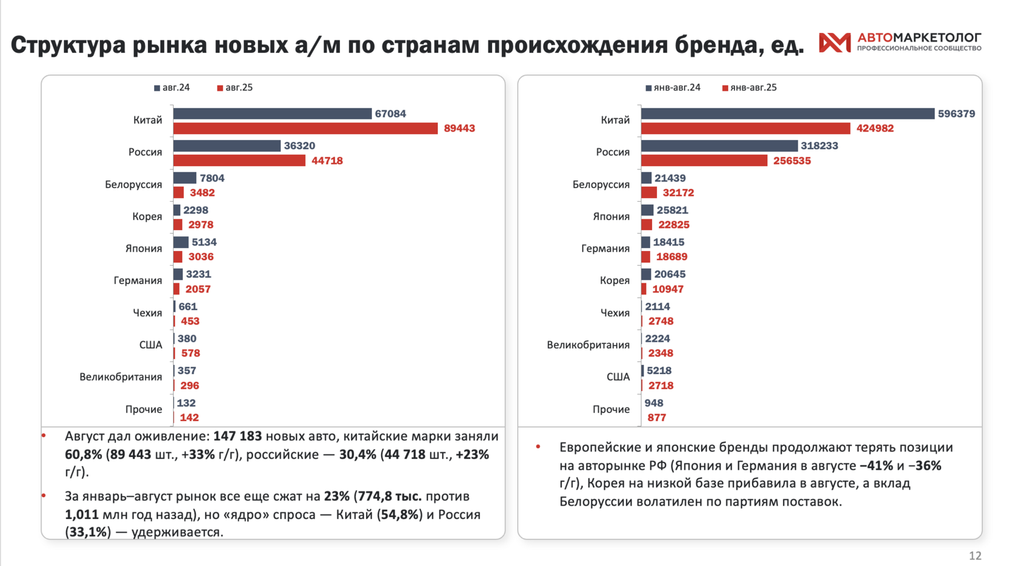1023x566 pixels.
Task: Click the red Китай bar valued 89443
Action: click(x=305, y=129)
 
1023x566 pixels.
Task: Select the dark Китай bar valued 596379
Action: click(x=787, y=114)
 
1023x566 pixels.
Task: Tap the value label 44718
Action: click(x=327, y=161)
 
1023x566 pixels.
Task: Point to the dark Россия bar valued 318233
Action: click(x=719, y=146)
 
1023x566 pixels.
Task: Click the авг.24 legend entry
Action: click(x=172, y=88)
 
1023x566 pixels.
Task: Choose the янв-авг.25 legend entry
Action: click(x=750, y=88)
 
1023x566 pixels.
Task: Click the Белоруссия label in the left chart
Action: click(x=133, y=185)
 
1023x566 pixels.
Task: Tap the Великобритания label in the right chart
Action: click(x=588, y=345)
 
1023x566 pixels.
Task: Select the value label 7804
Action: click(x=212, y=179)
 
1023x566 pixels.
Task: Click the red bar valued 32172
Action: click(x=649, y=193)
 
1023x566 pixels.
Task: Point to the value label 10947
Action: click(x=668, y=289)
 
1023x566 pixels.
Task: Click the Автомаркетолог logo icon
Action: click(x=834, y=42)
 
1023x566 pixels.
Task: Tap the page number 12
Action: click(x=975, y=556)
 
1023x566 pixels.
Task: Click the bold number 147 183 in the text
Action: click(x=237, y=437)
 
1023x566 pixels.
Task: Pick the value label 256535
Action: click(x=792, y=161)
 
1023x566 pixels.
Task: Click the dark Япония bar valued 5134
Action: click(x=181, y=242)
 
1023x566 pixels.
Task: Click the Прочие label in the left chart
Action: click(x=144, y=409)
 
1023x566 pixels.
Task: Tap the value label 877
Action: click(x=656, y=418)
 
